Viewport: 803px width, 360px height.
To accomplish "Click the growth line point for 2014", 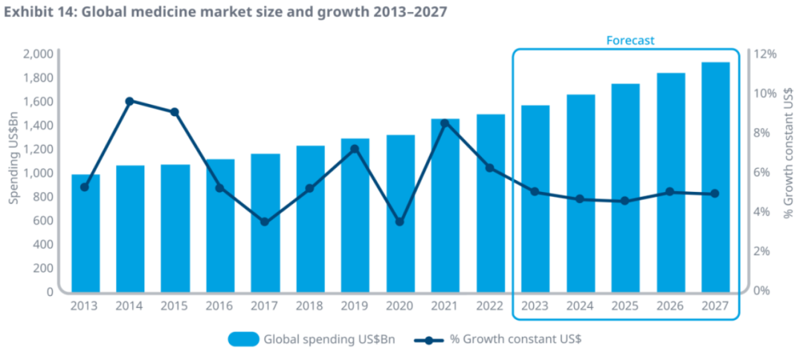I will pyautogui.click(x=129, y=101).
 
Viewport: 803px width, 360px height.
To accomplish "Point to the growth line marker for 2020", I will pyautogui.click(x=400, y=222).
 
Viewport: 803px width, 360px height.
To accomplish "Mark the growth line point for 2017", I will pyautogui.click(x=265, y=222).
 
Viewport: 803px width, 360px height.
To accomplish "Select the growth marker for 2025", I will pyautogui.click(x=625, y=201).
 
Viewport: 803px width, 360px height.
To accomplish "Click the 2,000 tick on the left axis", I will pyautogui.click(x=38, y=54).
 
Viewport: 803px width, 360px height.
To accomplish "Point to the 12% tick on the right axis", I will pyautogui.click(x=765, y=54).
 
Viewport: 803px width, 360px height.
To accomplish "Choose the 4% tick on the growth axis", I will pyautogui.click(x=762, y=212).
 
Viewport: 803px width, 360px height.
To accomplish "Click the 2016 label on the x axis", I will pyautogui.click(x=219, y=305).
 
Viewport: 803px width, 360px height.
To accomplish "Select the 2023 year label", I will pyautogui.click(x=535, y=305).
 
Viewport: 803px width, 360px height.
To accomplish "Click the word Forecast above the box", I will pyautogui.click(x=630, y=40).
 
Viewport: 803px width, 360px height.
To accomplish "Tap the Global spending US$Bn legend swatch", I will pyautogui.click(x=243, y=339).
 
